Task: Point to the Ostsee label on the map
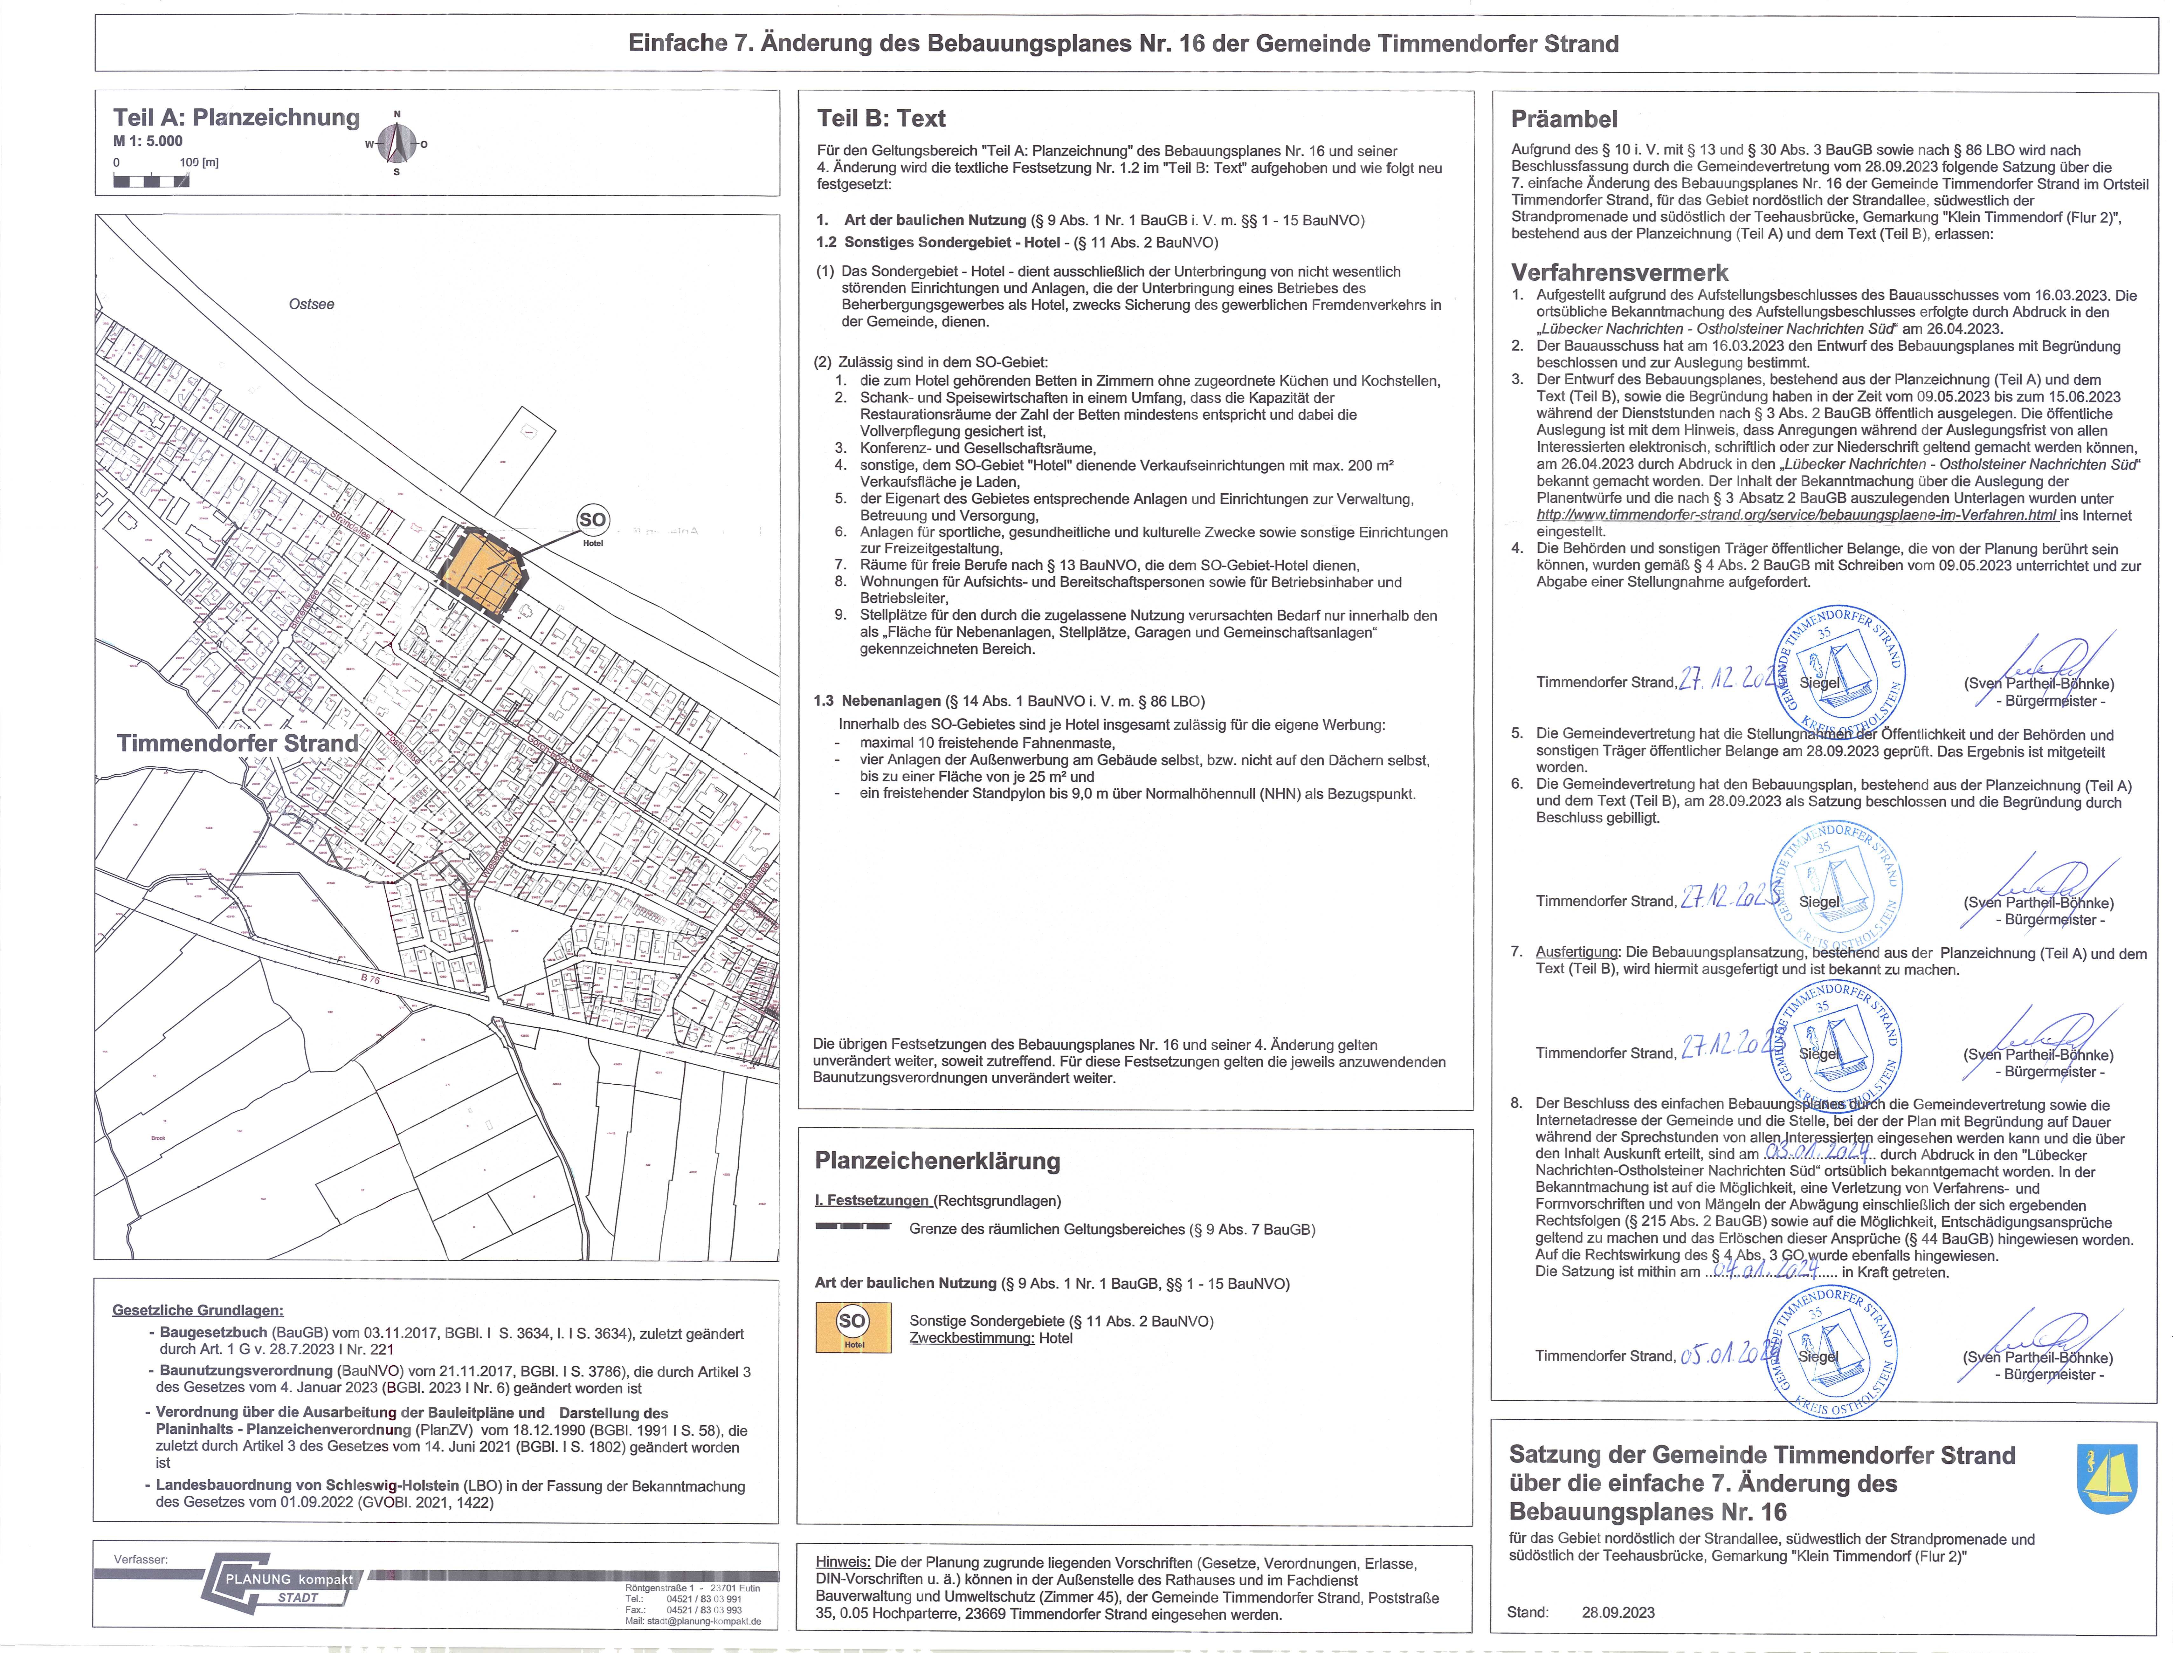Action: tap(311, 304)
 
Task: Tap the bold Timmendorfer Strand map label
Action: tap(237, 743)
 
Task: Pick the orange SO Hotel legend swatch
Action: tap(853, 1327)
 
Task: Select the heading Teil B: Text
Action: tap(881, 119)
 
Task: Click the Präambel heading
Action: tap(1564, 119)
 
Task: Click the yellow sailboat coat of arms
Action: tap(2107, 1479)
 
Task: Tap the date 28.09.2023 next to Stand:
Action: tap(1618, 1612)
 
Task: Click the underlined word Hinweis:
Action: tap(842, 1561)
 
